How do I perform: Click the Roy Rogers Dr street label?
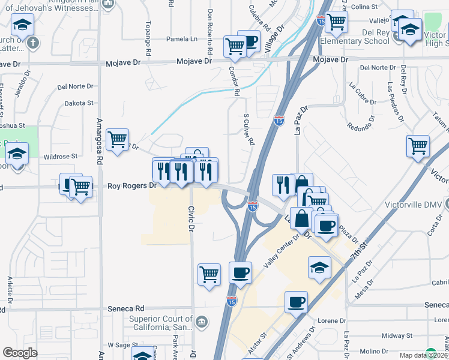click(132, 186)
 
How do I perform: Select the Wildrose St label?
click(61, 156)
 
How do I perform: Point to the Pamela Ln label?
click(182, 39)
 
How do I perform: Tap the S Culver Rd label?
click(249, 130)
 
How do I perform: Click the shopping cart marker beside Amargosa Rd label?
click(118, 140)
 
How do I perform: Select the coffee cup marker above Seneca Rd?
click(296, 302)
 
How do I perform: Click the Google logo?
click(20, 353)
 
